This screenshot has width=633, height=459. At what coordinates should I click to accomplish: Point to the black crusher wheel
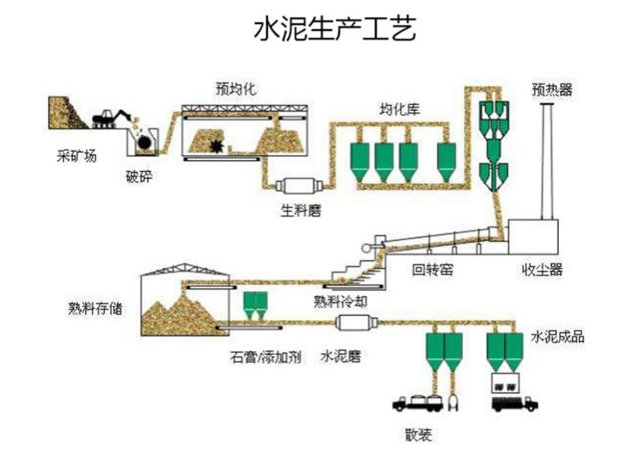pos(144,142)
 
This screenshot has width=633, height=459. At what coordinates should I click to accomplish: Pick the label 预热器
pos(552,90)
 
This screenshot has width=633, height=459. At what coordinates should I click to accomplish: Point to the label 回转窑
pos(432,270)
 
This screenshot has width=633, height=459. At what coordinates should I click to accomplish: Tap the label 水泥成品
pos(557,337)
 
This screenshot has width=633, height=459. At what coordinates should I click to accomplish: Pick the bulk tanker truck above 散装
pos(418,402)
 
